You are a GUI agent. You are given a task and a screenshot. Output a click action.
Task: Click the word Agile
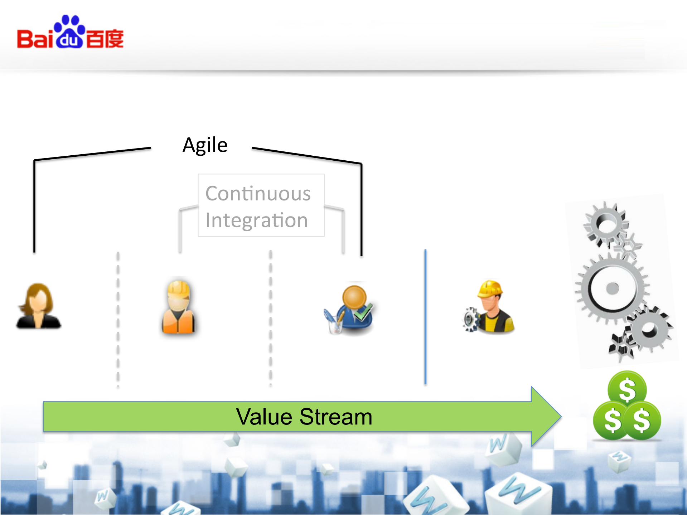(x=205, y=145)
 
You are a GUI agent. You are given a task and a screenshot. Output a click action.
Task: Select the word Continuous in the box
(x=258, y=194)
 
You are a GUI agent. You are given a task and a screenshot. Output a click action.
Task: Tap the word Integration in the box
(x=256, y=220)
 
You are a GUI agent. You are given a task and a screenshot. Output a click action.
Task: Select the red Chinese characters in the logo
(x=105, y=39)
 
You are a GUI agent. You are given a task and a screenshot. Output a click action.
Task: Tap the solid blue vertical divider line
(x=425, y=317)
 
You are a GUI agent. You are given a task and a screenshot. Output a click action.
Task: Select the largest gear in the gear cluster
(x=612, y=288)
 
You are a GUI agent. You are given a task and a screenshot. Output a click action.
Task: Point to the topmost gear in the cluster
(x=606, y=224)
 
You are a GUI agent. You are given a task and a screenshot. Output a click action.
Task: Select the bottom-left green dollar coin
(x=612, y=420)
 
